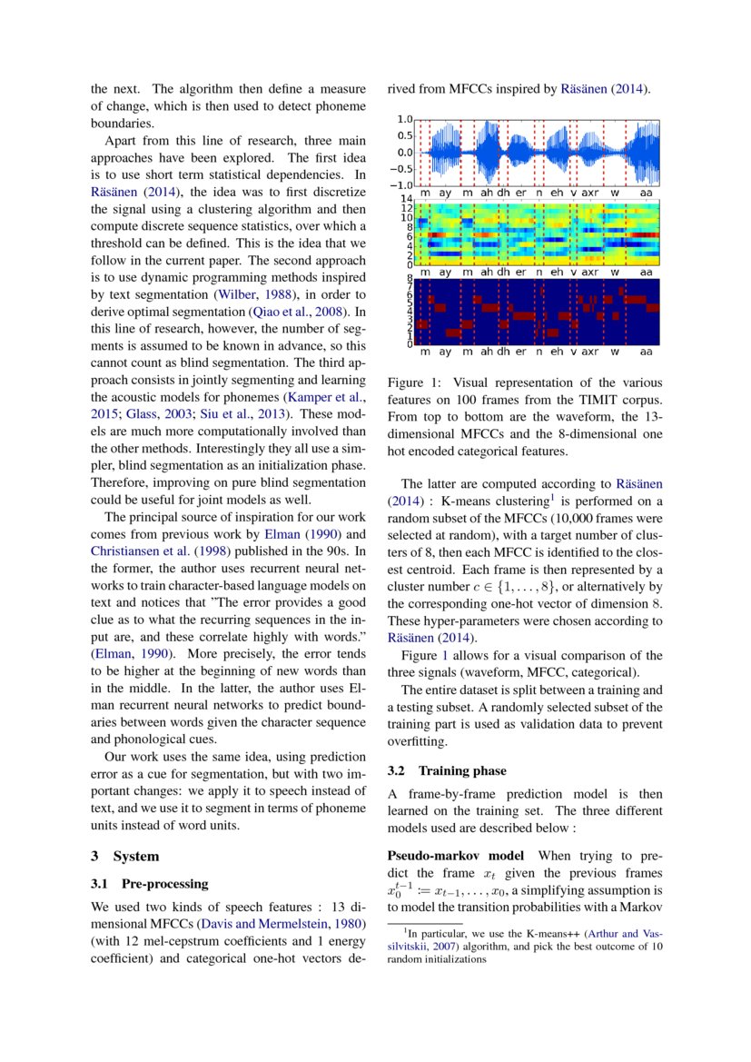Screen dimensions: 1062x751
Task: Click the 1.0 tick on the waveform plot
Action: pos(405,119)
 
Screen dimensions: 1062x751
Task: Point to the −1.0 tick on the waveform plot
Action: pos(402,185)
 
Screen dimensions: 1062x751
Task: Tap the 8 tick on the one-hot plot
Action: pos(410,278)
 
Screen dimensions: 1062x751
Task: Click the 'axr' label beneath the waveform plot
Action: pos(590,194)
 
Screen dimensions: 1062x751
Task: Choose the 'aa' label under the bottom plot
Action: pos(646,351)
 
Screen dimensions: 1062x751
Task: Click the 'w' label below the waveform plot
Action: pos(616,194)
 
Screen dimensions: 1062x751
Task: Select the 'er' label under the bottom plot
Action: pos(520,351)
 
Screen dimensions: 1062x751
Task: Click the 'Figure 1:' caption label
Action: pos(414,382)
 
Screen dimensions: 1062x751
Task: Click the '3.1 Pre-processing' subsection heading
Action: pos(149,883)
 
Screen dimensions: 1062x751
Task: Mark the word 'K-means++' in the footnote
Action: pos(553,932)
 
